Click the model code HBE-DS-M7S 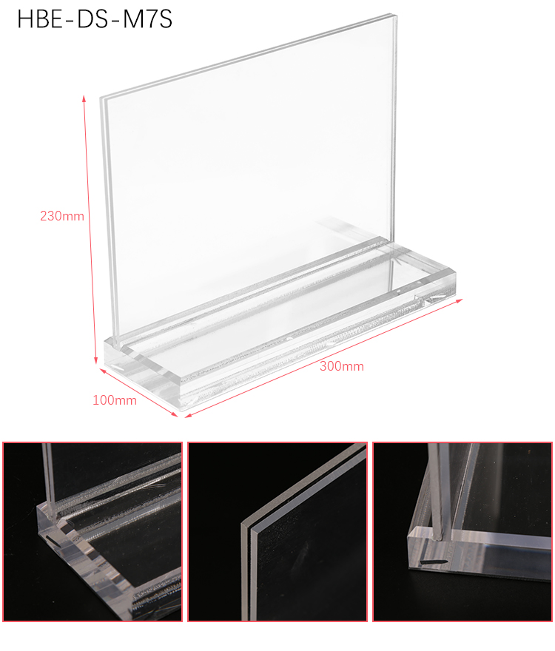tap(95, 19)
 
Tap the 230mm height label tap(62, 216)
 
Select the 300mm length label tap(341, 366)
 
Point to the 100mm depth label tap(114, 400)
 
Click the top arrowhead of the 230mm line tap(84, 98)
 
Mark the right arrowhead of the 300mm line tap(459, 300)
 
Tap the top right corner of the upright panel tap(395, 16)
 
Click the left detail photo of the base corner tap(92, 532)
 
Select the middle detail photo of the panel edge tap(277, 532)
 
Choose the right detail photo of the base tap(462, 532)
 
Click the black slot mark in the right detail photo tap(434, 561)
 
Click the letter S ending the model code tap(165, 19)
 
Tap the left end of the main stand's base tap(106, 351)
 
